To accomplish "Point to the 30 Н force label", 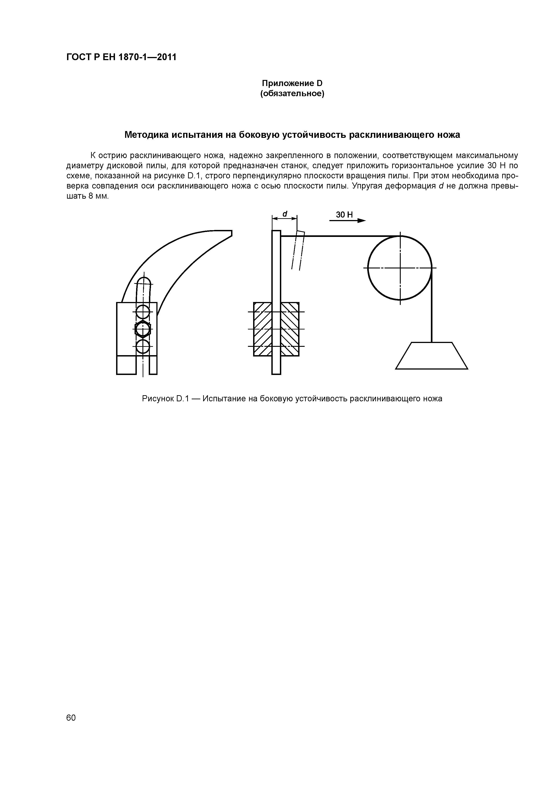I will click(344, 215).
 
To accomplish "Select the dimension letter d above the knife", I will click(285, 214).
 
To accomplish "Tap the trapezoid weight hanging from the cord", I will click(432, 356).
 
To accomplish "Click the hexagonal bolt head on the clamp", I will click(143, 329).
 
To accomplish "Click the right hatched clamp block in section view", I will click(290, 329).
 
